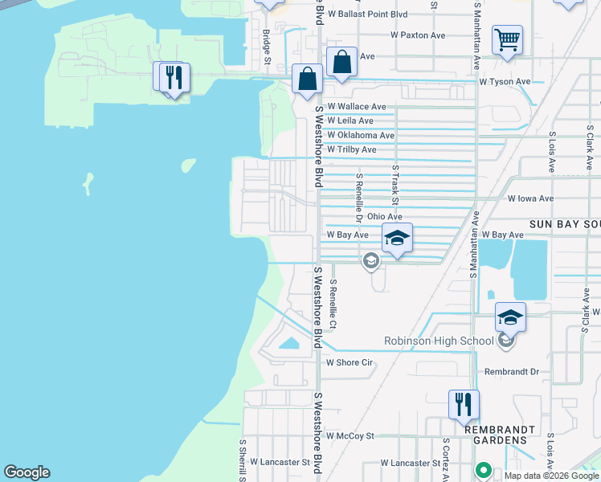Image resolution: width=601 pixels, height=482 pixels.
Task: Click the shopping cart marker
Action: tap(507, 39)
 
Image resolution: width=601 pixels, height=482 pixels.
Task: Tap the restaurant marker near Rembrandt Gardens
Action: tap(464, 405)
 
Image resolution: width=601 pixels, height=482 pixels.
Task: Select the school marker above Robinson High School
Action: tap(509, 318)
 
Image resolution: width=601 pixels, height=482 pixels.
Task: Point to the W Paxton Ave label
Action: tap(418, 35)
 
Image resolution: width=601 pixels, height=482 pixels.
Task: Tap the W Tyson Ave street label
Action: tap(505, 81)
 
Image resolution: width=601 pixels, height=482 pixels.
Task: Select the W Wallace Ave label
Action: tap(356, 106)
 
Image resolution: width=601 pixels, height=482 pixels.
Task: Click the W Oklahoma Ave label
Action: tap(361, 135)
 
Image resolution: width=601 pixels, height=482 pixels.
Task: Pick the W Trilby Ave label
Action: tap(351, 149)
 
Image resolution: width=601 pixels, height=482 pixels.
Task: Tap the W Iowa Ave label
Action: tap(530, 198)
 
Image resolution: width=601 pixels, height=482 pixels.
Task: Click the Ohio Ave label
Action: tap(384, 216)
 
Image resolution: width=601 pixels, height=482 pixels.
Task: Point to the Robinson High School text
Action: tap(439, 341)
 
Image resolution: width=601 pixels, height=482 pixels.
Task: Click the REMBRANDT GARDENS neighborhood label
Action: tap(499, 430)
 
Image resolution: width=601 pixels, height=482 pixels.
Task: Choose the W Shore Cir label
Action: tap(350, 362)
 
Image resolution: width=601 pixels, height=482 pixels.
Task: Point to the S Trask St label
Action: tap(395, 184)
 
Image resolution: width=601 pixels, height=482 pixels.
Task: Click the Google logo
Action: tap(27, 472)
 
